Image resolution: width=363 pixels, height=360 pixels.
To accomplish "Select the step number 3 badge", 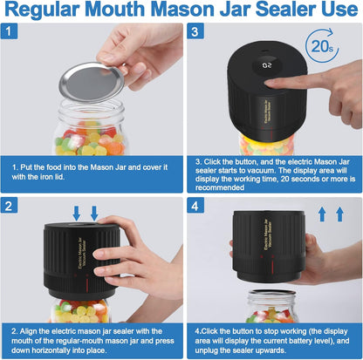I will [197, 33].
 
